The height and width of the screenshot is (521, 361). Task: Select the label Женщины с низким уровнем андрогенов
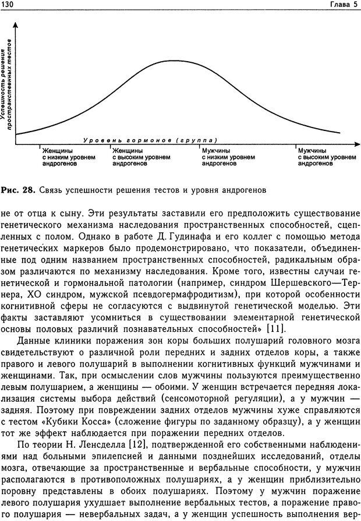59,157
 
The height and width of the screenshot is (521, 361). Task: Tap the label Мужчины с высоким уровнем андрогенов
327,157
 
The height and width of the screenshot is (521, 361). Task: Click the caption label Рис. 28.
18,190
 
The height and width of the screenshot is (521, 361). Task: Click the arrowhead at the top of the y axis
15,25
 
